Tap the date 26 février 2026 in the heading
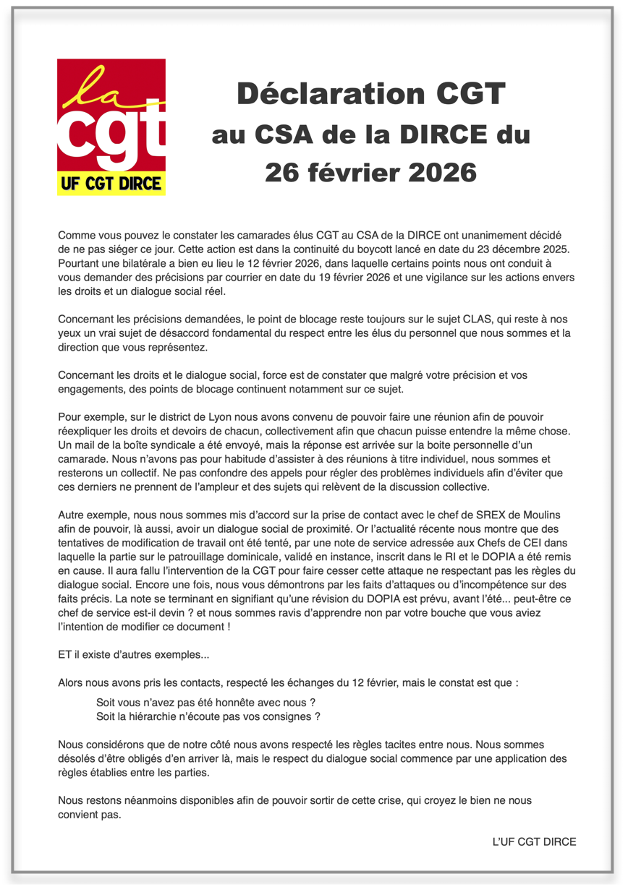(371, 172)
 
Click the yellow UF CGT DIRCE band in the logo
(111, 184)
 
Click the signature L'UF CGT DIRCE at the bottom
(534, 842)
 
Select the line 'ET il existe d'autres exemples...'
(134, 654)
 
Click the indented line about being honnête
(205, 703)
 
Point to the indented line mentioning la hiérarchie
(208, 717)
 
